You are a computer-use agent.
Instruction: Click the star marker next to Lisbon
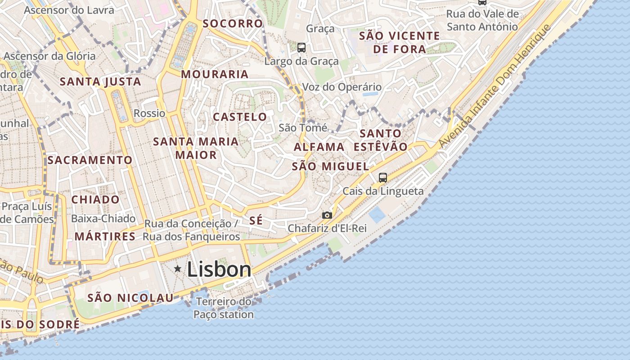pos(178,269)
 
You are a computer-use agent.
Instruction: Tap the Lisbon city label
pos(219,270)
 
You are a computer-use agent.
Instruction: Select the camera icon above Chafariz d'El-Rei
pos(327,216)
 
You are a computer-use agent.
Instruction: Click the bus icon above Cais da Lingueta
pos(382,178)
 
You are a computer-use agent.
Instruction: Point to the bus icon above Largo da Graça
pos(301,48)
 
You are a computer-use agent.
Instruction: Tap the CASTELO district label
pos(240,117)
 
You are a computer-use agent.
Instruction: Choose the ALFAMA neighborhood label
pos(319,147)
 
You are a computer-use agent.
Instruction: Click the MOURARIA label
pos(215,74)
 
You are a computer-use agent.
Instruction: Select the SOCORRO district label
pos(232,23)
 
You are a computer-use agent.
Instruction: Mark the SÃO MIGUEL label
pos(330,166)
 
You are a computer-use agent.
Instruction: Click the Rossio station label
pos(149,113)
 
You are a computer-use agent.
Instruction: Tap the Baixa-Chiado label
pos(103,219)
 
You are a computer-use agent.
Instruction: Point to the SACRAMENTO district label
pos(90,160)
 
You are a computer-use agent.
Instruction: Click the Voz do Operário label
pos(342,87)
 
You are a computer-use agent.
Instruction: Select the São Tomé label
pos(303,128)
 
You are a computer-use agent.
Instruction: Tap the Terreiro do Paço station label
pos(224,308)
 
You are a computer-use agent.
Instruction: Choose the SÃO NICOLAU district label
pos(130,297)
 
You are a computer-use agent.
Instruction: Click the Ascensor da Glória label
pos(49,56)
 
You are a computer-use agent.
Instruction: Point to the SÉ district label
pos(256,220)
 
